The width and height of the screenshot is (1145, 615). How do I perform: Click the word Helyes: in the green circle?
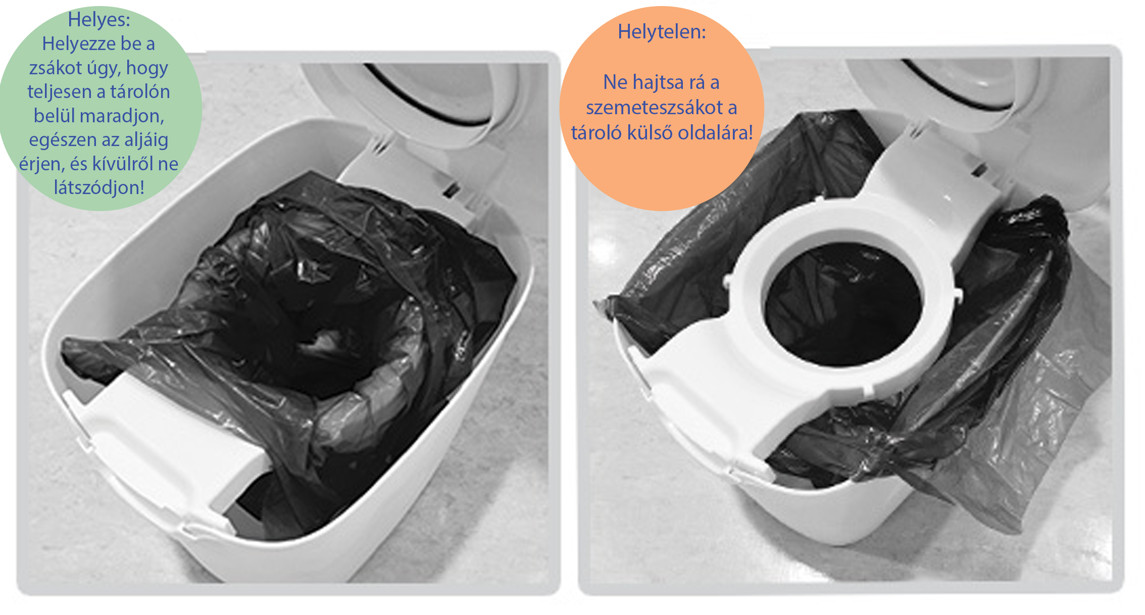click(99, 20)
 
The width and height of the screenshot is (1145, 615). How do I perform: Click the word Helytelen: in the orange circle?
click(662, 32)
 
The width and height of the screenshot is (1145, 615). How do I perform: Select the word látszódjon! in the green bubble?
click(99, 187)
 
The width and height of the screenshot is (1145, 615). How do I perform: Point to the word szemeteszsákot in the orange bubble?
click(654, 107)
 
